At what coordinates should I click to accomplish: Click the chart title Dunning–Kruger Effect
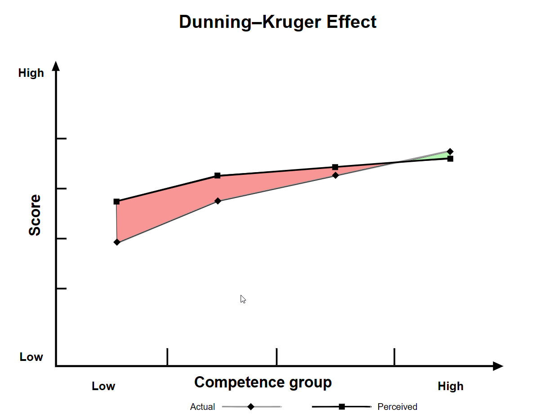[277, 22]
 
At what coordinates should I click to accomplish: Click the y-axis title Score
[35, 215]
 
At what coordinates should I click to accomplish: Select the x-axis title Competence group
[263, 382]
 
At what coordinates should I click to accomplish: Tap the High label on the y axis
[31, 73]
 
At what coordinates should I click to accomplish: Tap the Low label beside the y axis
[31, 357]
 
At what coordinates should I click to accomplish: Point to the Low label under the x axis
[103, 386]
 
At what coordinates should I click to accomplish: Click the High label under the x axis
[450, 386]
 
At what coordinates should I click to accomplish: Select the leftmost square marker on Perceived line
[116, 201]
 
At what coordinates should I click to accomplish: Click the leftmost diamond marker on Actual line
[117, 242]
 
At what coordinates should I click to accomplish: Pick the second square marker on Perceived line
[217, 175]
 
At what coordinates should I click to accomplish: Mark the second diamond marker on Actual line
[218, 201]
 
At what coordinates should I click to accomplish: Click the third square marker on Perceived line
[335, 167]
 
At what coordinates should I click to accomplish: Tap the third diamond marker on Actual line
[335, 175]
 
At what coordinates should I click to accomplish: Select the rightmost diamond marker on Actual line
[450, 151]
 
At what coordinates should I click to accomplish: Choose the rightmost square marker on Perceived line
[450, 159]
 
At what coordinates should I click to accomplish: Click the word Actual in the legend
[202, 407]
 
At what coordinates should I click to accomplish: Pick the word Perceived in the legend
[397, 407]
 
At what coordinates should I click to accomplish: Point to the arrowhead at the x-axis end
[498, 366]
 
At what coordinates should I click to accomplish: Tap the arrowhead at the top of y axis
[56, 66]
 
